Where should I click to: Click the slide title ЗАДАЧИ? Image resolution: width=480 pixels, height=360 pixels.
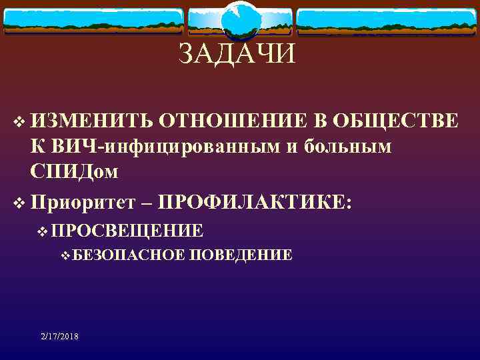click(x=236, y=53)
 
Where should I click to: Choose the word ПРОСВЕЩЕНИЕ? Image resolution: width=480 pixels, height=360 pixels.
click(x=127, y=231)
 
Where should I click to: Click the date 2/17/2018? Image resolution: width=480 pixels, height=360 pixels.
click(x=59, y=337)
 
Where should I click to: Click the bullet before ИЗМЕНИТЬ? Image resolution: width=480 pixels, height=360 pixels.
click(x=17, y=122)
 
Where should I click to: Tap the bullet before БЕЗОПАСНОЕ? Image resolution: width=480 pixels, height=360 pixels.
click(x=65, y=255)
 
